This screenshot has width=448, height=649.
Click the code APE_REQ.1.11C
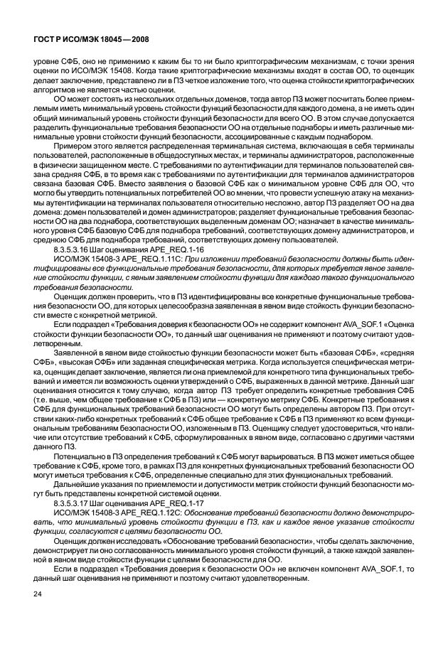tap(129, 260)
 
